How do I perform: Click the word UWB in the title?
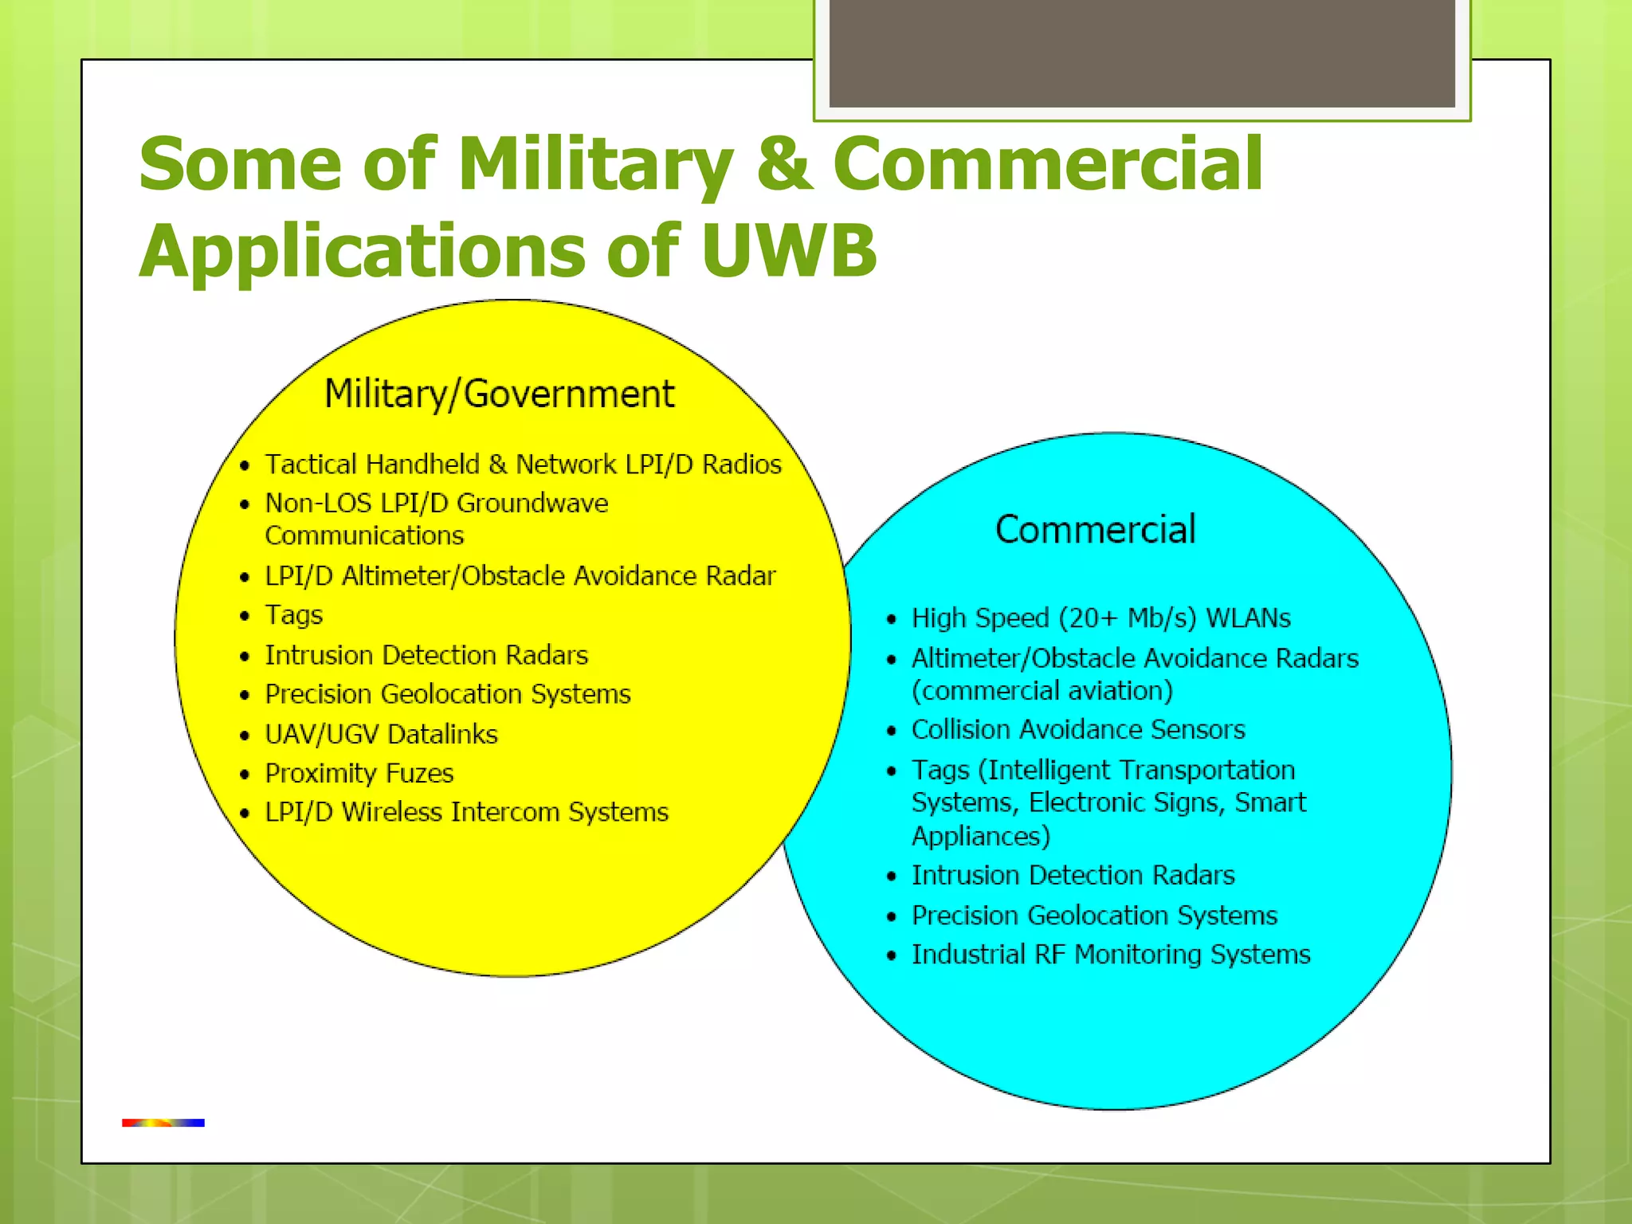click(788, 252)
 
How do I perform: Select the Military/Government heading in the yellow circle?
click(499, 394)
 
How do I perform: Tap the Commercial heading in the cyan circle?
click(1095, 530)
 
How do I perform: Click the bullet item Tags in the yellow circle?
click(293, 615)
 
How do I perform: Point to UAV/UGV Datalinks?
click(381, 734)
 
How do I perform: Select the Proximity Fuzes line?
click(359, 773)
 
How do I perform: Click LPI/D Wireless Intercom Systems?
click(466, 812)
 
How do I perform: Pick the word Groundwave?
click(532, 504)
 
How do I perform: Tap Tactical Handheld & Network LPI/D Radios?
click(523, 464)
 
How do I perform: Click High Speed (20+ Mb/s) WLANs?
click(1100, 618)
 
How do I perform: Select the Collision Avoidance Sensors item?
click(1077, 730)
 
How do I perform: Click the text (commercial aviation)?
click(1042, 691)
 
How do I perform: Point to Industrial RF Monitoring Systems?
click(1110, 955)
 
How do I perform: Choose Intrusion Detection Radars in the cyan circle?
click(1073, 876)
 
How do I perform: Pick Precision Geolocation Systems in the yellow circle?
click(447, 694)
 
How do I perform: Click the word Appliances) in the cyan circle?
click(980, 837)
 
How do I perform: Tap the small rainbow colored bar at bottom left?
click(163, 1123)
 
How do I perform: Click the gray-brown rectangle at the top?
click(1141, 53)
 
